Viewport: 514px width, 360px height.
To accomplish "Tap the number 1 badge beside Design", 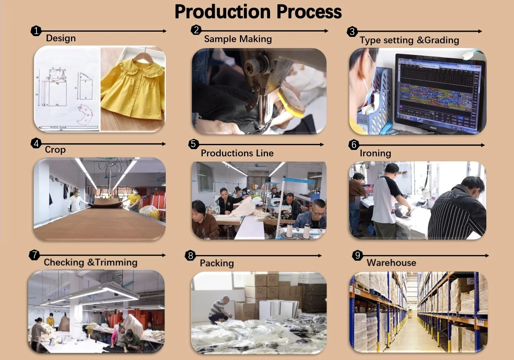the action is (36, 31).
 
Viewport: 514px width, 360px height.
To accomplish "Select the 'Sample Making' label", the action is (238, 39).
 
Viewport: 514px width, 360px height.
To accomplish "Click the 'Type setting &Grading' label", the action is (409, 40).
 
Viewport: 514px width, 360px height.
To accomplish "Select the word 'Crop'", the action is (55, 150).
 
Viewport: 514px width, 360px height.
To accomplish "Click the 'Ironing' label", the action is (375, 153).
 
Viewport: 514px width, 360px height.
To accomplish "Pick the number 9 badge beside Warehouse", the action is (357, 255).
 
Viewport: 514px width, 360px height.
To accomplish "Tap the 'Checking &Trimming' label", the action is (90, 263).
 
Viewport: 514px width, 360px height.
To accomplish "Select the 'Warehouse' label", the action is (391, 263).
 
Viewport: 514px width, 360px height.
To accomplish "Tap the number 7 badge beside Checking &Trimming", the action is (35, 255).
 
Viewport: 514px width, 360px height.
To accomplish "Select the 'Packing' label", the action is (217, 263).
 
